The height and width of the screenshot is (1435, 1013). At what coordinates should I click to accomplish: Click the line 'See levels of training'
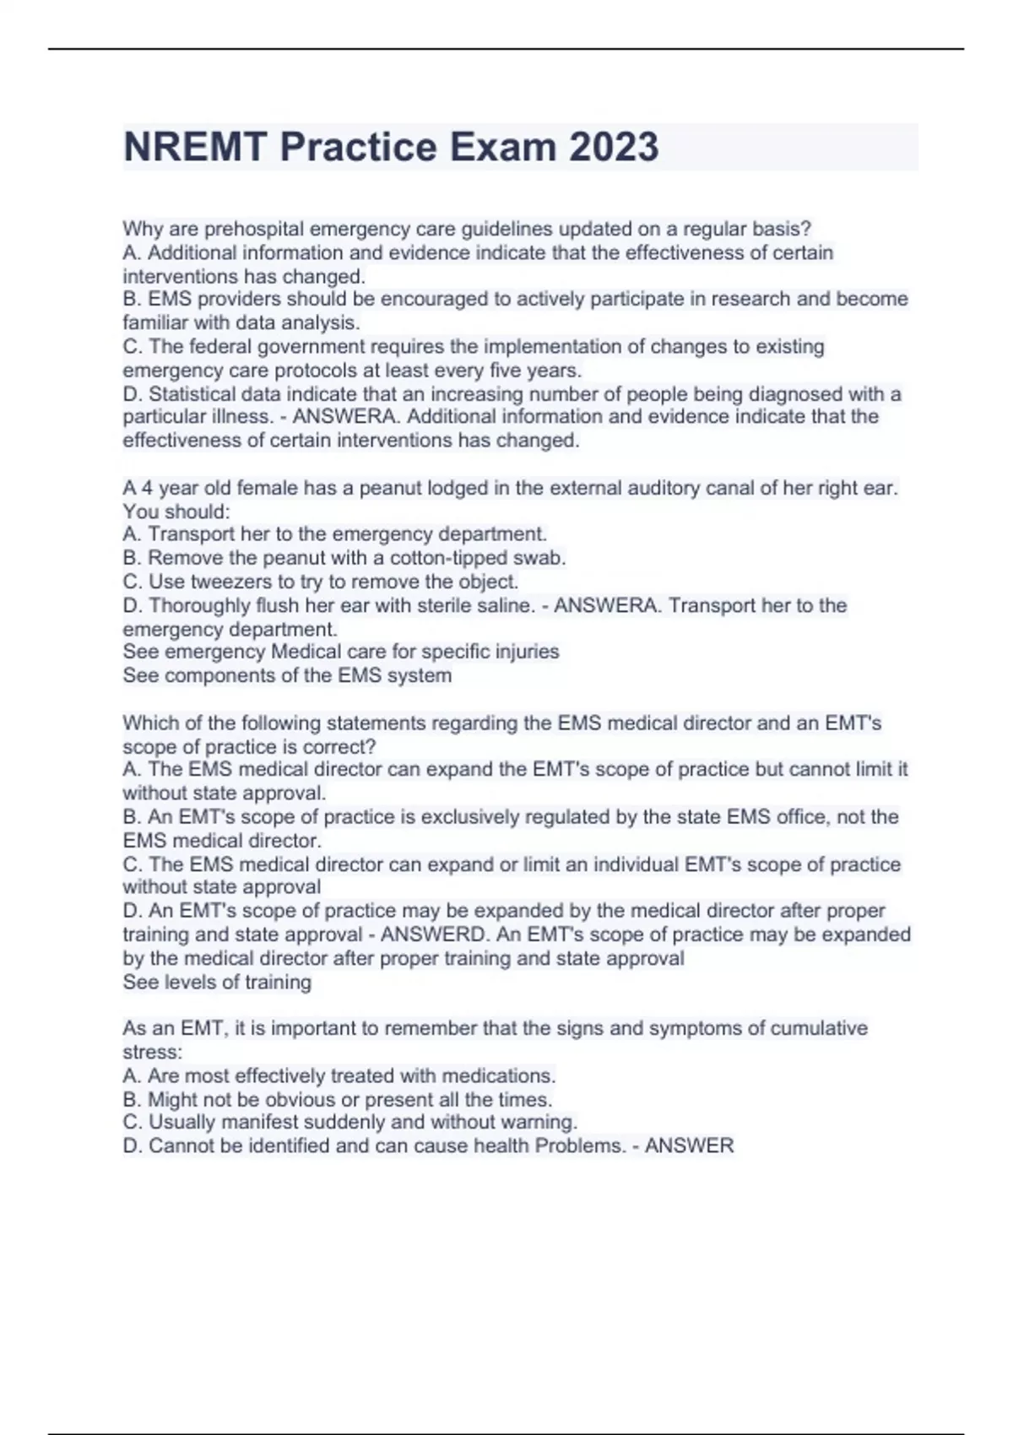coord(217,982)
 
